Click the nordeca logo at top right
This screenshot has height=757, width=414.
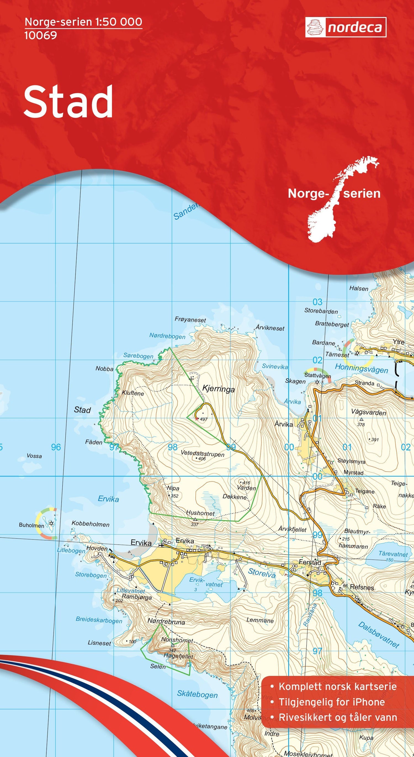346,27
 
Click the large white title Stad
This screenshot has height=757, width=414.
68,102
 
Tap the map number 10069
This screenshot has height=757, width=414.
41,36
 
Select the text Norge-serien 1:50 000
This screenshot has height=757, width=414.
84,22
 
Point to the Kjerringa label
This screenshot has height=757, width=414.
219,389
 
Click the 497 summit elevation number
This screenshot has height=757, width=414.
203,419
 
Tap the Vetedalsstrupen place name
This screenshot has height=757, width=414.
202,454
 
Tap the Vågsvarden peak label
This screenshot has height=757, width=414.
368,412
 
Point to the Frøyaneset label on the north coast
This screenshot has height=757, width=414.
190,319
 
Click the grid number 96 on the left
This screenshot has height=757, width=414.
56,447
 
